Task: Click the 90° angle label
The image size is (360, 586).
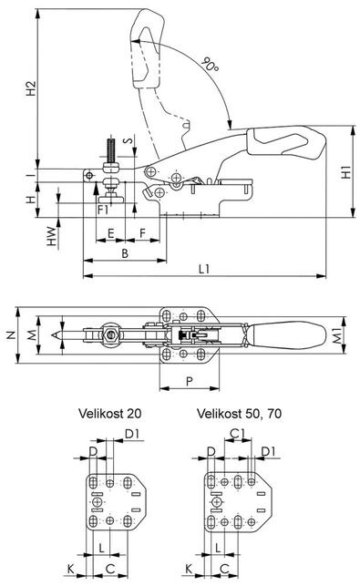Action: click(x=211, y=65)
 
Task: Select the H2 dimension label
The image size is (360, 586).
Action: click(x=31, y=88)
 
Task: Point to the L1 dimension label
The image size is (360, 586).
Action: click(x=204, y=269)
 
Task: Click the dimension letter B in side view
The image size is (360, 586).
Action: click(x=125, y=253)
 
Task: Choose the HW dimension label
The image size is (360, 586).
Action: click(x=53, y=237)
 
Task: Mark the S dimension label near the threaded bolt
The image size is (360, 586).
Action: click(x=128, y=141)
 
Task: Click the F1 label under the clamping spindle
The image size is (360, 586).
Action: click(x=103, y=210)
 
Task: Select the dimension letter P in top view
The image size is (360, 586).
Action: click(x=190, y=382)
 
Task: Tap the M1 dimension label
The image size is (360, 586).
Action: click(x=337, y=336)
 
